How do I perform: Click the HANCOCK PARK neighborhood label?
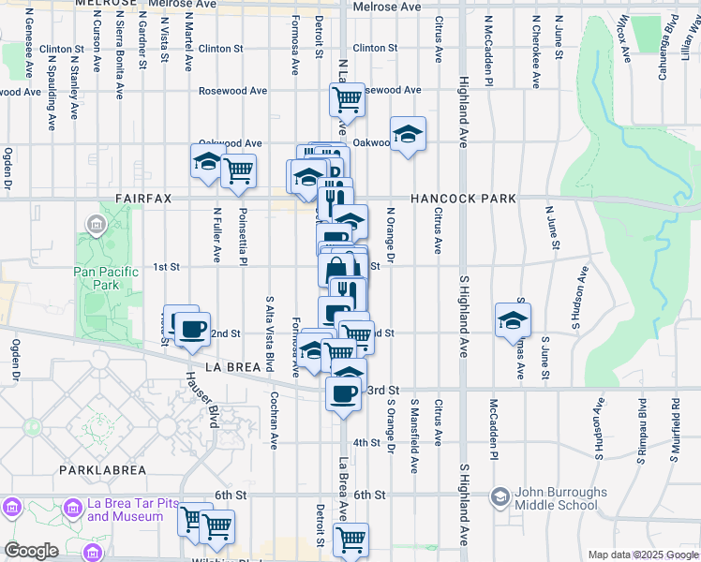tap(463, 199)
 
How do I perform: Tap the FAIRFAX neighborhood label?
tap(146, 199)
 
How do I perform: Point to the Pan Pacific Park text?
tap(106, 278)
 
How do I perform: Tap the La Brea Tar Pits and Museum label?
tap(131, 510)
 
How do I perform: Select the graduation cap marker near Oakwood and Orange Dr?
tap(408, 134)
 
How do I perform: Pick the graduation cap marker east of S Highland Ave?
tap(513, 319)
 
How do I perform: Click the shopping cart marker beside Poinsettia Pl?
tap(239, 170)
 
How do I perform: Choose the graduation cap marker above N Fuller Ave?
tap(207, 161)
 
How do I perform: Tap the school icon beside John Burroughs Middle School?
tap(500, 495)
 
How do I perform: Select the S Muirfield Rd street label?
tap(675, 432)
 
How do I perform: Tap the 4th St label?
tap(365, 442)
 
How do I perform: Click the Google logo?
tap(31, 551)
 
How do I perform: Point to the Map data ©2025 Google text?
tap(642, 555)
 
